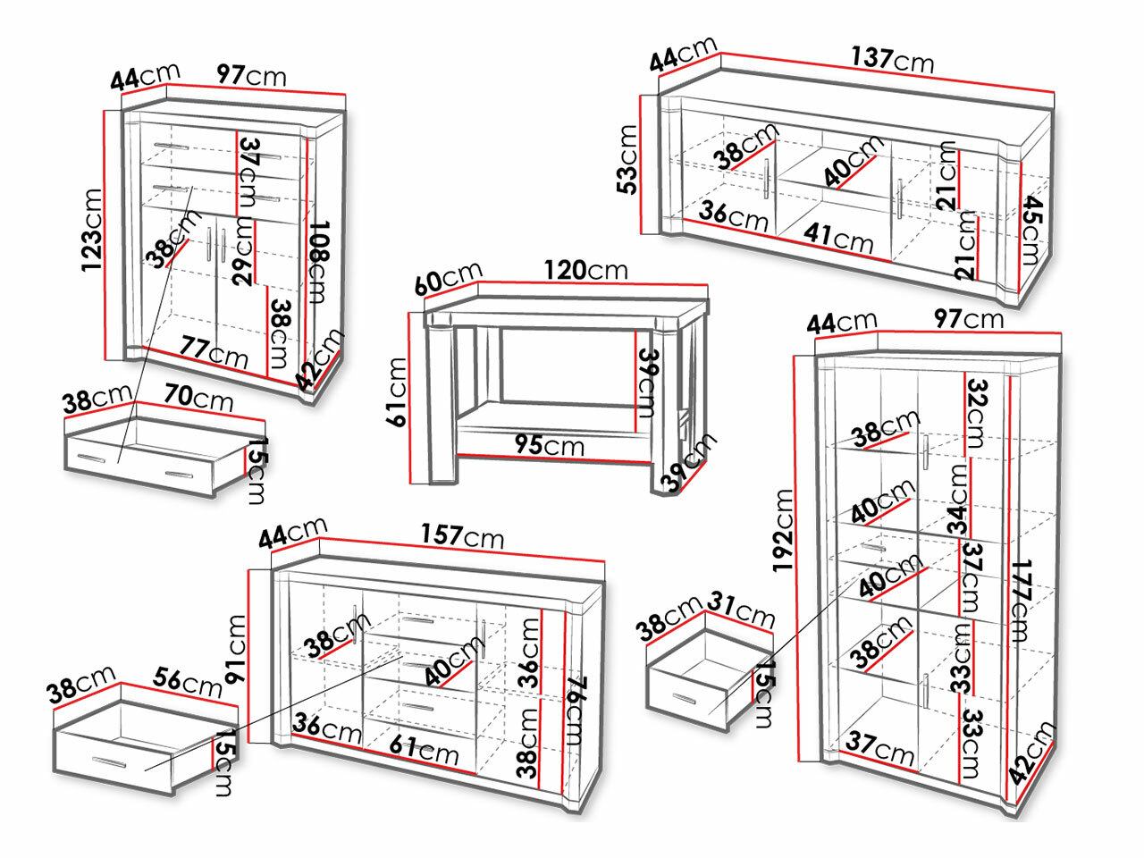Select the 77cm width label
pyautogui.click(x=214, y=351)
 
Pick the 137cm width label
pyautogui.click(x=891, y=59)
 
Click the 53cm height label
pyautogui.click(x=628, y=159)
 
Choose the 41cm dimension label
pyautogui.click(x=838, y=237)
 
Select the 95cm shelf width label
pyautogui.click(x=549, y=443)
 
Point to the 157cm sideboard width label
pyautogui.click(x=462, y=536)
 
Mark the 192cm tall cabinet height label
pyautogui.click(x=784, y=529)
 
